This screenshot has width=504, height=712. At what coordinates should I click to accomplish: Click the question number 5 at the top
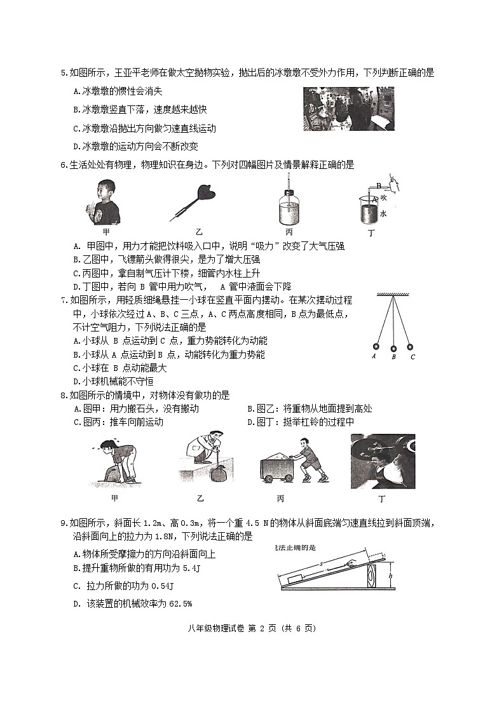tap(63, 73)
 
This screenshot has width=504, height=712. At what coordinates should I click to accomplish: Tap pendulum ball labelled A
tap(375, 347)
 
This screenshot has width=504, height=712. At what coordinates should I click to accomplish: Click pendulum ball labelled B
tap(393, 347)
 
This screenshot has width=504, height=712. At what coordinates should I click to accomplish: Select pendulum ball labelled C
tap(409, 347)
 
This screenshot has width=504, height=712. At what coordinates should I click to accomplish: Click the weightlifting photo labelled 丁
tap(383, 461)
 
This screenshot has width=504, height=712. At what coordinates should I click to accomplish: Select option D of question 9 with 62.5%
tap(133, 603)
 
